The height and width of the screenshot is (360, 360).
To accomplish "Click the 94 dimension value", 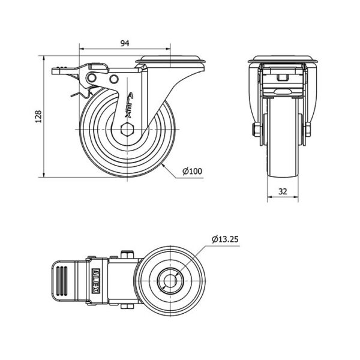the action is tap(125, 43).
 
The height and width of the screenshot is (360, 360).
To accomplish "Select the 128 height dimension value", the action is tap(38, 116).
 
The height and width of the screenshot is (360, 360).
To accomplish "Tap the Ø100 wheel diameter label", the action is tap(192, 171).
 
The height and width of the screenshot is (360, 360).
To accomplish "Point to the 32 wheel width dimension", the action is tap(283, 191).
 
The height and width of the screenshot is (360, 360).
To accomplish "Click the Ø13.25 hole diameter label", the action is tap(225, 239).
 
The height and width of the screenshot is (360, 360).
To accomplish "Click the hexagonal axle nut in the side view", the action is tap(127, 129).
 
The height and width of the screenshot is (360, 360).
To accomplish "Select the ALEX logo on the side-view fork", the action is tap(130, 105).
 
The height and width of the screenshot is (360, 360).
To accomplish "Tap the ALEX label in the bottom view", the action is tap(95, 281).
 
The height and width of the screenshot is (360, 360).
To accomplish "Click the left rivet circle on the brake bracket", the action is tap(92, 78).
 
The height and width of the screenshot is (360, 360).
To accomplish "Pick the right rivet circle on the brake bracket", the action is tap(113, 79).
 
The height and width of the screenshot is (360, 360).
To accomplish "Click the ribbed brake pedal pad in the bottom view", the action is tap(62, 281).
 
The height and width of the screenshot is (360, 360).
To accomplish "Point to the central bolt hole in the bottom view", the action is tap(170, 281).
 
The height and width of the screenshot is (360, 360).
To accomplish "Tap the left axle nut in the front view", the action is tap(256, 129).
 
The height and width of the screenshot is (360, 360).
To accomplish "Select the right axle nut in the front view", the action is tap(308, 129).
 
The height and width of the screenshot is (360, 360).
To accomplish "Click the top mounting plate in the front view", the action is tap(283, 59).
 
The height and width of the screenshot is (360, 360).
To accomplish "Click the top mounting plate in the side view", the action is tap(170, 59).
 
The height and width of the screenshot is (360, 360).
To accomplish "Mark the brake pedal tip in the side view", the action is tap(53, 71).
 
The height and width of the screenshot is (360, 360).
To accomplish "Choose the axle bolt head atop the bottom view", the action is tap(127, 254).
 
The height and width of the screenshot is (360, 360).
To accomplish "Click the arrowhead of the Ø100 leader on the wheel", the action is tap(163, 164).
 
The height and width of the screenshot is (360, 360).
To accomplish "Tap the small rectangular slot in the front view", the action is tap(283, 77).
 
